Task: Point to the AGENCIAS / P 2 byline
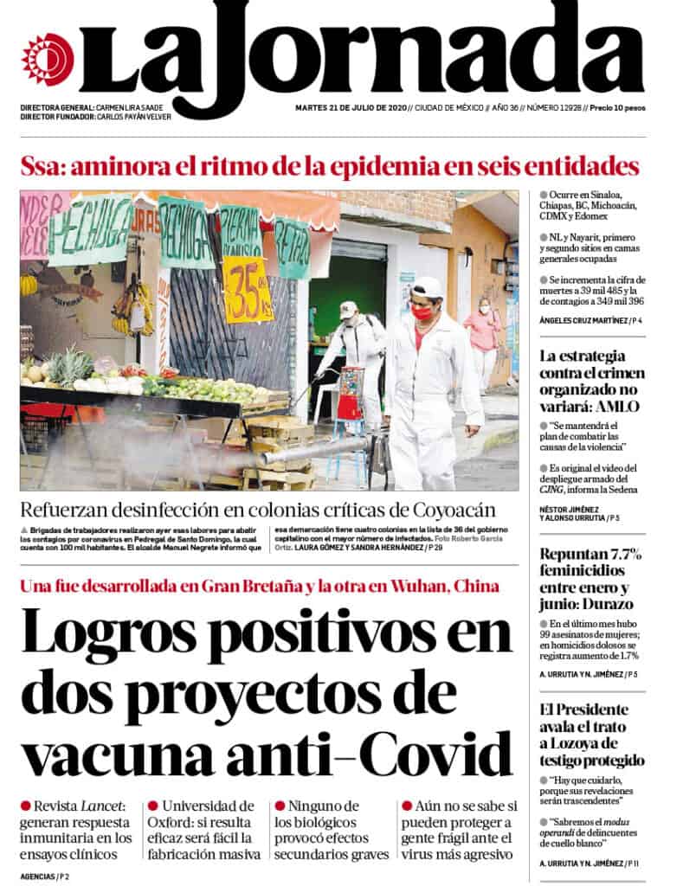point(45,876)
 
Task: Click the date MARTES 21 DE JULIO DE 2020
point(350,108)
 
